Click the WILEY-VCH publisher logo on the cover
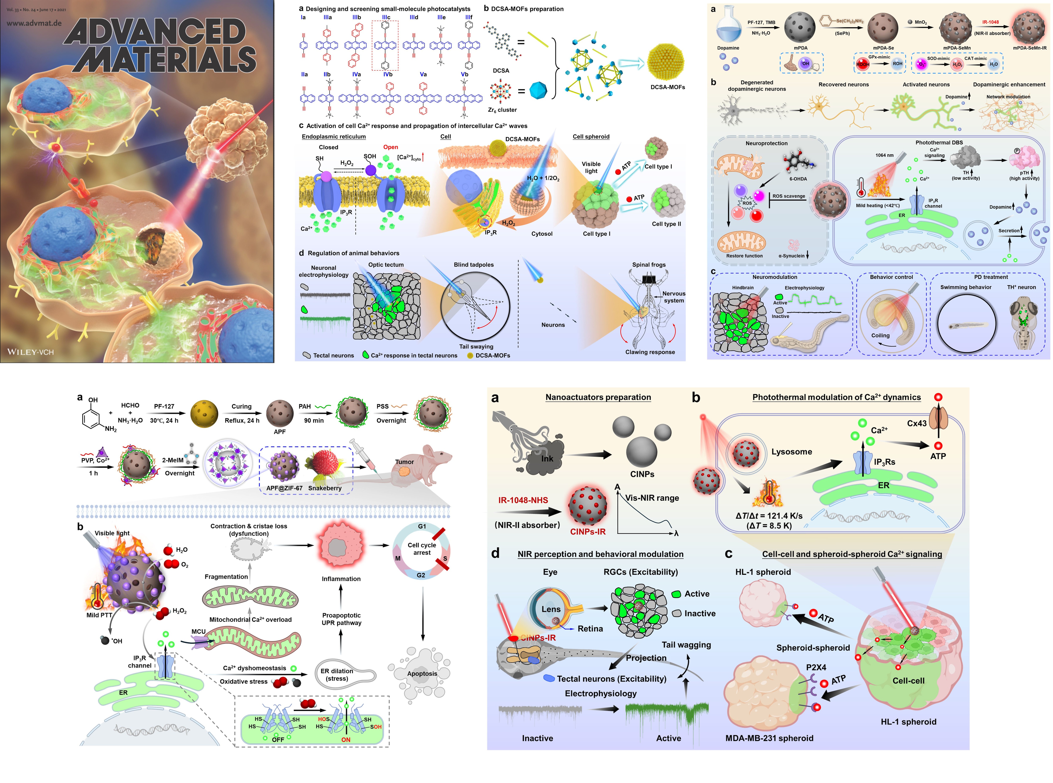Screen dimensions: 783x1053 tap(30, 352)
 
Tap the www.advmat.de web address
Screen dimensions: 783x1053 tap(34, 23)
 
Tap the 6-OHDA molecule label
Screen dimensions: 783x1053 tap(798, 179)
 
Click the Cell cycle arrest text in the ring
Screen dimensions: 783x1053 tap(421, 549)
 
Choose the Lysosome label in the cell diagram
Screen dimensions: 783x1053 tap(791, 452)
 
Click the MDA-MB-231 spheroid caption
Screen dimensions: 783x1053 tap(769, 738)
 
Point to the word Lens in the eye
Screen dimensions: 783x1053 tap(551, 609)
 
